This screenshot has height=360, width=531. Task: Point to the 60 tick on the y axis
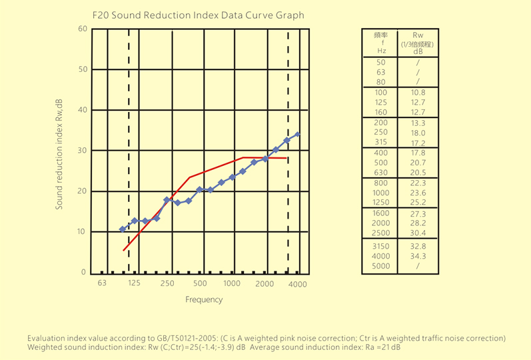[82, 29]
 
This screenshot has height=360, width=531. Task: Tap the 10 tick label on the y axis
[82, 232]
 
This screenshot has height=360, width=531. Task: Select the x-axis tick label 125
[134, 284]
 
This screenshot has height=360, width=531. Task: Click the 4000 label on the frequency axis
[297, 284]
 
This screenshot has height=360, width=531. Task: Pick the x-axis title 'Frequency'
[204, 300]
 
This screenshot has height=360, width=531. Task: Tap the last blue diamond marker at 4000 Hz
[298, 134]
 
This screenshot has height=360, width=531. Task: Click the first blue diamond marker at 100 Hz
[123, 229]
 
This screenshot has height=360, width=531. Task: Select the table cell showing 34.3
[418, 256]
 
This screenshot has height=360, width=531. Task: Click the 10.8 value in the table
[418, 92]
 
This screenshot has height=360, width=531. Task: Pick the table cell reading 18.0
[418, 133]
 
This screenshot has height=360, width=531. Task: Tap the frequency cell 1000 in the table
[381, 193]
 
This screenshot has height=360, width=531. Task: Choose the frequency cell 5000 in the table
[381, 266]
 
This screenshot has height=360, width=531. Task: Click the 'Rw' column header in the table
[418, 35]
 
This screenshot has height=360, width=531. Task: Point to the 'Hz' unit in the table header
[381, 51]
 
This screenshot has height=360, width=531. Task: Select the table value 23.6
[418, 193]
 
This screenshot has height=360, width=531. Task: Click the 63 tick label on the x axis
[102, 284]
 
